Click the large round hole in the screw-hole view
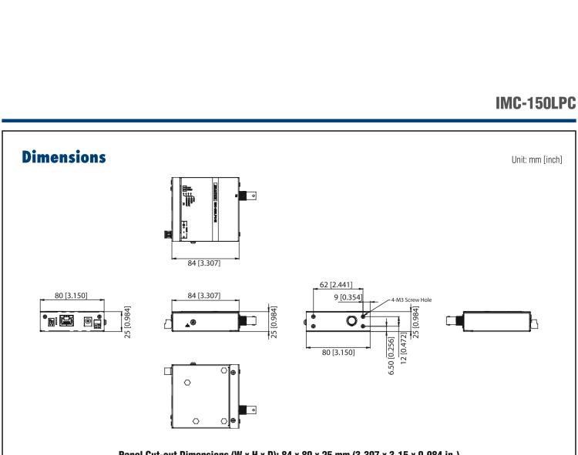(x=351, y=320)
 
